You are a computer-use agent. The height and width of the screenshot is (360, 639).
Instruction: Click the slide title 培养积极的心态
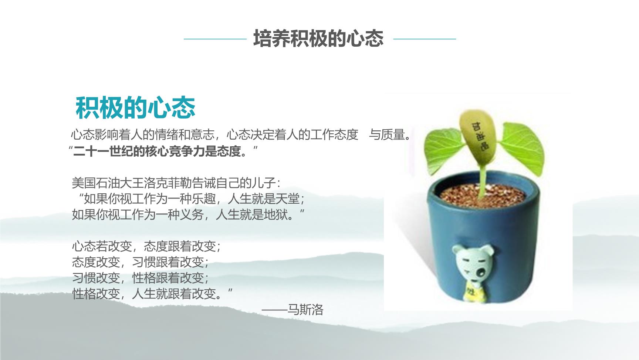[318, 39]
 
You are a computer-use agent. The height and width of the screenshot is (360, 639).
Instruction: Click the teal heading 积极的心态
[135, 107]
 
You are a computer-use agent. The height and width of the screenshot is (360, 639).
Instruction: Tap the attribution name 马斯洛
[305, 309]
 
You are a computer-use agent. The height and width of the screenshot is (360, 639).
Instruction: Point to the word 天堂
[287, 199]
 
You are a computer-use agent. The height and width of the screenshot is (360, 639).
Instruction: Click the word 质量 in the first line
[393, 135]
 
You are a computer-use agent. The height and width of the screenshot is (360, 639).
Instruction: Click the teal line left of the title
[215, 39]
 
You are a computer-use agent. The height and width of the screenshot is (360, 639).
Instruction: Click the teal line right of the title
[425, 39]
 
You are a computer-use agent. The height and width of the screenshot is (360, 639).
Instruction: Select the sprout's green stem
[482, 180]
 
